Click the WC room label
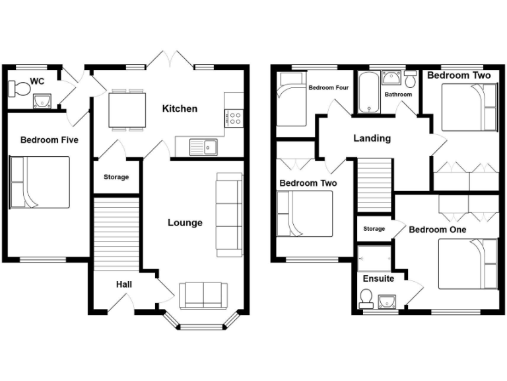37,81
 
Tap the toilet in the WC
20,88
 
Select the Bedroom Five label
49,140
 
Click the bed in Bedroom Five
40,182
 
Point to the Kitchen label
180,108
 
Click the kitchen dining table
128,109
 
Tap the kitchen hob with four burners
234,118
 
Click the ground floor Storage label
116,177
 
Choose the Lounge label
185,223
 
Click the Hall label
124,284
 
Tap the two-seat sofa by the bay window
203,294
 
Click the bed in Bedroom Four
290,100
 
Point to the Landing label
372,139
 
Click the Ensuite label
378,278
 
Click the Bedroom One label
438,230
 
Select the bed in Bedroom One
467,264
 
